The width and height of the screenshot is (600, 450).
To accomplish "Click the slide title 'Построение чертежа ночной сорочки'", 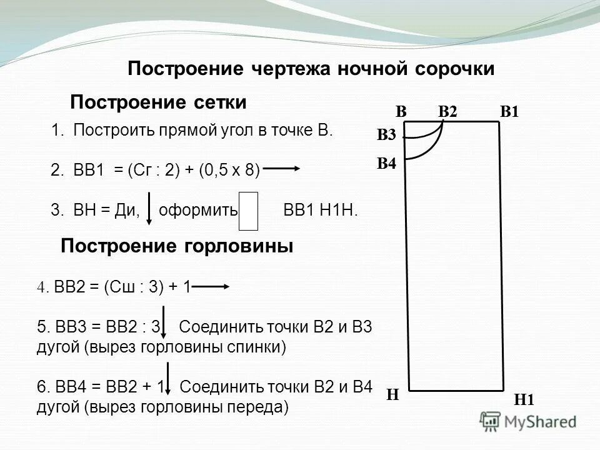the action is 311,69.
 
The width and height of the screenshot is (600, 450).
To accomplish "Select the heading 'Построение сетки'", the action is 158,102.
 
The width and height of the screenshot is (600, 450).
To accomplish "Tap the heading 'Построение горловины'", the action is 177,246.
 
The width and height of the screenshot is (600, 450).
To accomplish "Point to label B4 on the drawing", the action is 386,164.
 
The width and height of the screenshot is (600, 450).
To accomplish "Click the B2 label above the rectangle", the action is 448,112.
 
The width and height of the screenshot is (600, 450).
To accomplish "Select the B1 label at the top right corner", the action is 510,112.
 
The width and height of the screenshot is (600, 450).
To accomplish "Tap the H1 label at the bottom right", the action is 524,400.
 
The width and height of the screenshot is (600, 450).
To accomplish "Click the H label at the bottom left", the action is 392,394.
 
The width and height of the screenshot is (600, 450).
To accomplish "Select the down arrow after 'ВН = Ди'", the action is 150,208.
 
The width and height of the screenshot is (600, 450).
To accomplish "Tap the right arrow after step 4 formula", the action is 213,287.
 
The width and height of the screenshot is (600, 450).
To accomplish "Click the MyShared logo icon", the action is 491,421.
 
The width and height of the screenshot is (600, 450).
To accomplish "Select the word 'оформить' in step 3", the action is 198,211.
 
